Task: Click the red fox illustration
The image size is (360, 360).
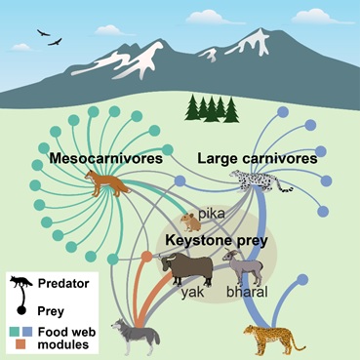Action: click(x=105, y=183)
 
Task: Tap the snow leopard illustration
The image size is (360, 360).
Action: click(x=260, y=180)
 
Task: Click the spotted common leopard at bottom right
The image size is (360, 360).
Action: click(x=273, y=339)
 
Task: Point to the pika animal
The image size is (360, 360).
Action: click(x=190, y=221)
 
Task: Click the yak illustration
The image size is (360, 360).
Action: click(x=186, y=268)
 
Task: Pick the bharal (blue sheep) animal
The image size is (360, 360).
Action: click(x=242, y=266)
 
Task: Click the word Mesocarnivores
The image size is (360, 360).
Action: click(x=106, y=158)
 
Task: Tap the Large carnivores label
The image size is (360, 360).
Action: click(x=258, y=159)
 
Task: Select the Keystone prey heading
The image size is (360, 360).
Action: click(x=217, y=241)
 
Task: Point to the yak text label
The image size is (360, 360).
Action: click(x=192, y=293)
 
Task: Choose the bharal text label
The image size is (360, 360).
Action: click(x=247, y=292)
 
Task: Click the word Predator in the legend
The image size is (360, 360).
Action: click(x=63, y=283)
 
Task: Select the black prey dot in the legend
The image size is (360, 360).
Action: click(x=21, y=310)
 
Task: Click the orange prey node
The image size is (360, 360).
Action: click(x=147, y=257)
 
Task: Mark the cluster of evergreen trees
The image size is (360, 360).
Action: click(x=212, y=109)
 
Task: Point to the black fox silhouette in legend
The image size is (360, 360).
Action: click(x=20, y=282)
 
